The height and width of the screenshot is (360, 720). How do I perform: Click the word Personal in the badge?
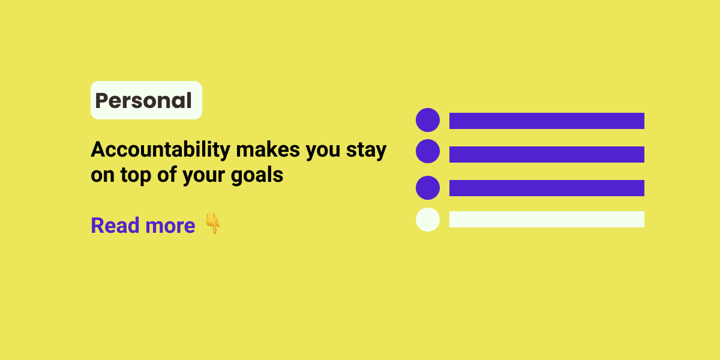click(x=144, y=101)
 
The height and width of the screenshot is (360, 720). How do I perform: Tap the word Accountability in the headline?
click(x=160, y=150)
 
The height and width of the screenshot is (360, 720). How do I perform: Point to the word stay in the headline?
click(x=367, y=150)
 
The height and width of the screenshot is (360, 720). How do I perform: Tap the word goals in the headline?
click(x=259, y=176)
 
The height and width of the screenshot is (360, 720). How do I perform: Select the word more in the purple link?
click(x=170, y=226)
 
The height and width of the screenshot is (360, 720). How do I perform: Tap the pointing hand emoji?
click(x=212, y=224)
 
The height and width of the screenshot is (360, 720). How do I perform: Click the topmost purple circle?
click(x=428, y=120)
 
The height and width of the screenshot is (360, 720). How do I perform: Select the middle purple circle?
click(x=428, y=151)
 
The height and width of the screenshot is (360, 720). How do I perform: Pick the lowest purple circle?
click(x=428, y=188)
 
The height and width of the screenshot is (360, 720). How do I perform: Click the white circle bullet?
click(x=428, y=219)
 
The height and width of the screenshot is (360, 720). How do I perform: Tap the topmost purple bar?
click(x=547, y=121)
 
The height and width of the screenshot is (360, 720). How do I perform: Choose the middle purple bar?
click(x=547, y=154)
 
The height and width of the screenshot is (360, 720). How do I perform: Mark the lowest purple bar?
click(x=547, y=188)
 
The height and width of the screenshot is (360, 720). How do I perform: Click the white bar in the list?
click(x=547, y=219)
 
